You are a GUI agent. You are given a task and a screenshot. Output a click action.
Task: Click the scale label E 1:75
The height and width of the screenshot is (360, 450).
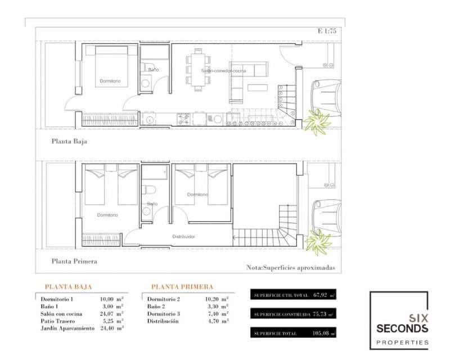point(326,31)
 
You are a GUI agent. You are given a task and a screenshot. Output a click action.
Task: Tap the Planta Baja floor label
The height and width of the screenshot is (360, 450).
point(69,142)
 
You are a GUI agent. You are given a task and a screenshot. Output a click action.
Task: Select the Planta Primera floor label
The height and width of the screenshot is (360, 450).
point(74,261)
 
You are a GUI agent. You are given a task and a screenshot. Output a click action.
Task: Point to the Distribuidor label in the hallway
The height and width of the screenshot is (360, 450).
point(183,237)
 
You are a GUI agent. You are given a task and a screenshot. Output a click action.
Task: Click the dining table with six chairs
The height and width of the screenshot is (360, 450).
point(198,70)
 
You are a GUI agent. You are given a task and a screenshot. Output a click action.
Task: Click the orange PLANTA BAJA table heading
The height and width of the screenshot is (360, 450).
point(68,286)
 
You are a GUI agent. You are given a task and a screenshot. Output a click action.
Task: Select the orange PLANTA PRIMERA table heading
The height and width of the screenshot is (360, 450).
point(182,286)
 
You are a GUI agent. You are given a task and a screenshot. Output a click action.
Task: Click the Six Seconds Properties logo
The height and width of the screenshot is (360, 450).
point(398,320)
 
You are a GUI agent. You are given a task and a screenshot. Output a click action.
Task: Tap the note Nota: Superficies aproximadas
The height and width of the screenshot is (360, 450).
point(290,268)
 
